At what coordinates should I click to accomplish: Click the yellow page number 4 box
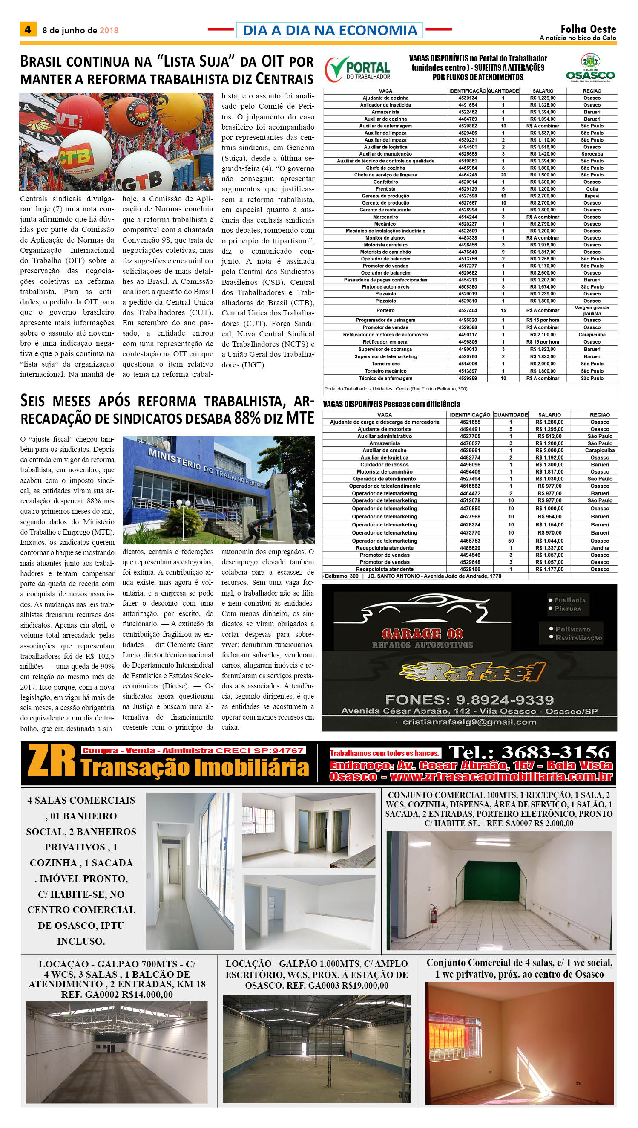pos(28,29)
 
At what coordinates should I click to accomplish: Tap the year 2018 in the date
pos(109,30)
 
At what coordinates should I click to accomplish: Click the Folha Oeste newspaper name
pos(588,29)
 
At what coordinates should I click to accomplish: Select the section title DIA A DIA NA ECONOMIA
pos(330,30)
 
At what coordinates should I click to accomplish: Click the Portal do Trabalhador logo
pos(358,69)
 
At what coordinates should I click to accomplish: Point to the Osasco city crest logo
pos(590,61)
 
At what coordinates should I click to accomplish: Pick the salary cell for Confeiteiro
pos(543,182)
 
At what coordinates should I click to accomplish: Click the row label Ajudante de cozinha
pos(385,98)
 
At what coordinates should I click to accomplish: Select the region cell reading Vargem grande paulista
pos(592,310)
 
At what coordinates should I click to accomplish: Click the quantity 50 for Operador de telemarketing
pos(511,541)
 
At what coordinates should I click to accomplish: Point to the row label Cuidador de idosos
pos(384,464)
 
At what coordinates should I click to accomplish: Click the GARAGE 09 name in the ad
pos(422,634)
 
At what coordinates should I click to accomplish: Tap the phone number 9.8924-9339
pos(505,700)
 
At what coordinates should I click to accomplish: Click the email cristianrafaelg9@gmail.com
pos(469,722)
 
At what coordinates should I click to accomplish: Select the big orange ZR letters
pos(51,761)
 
